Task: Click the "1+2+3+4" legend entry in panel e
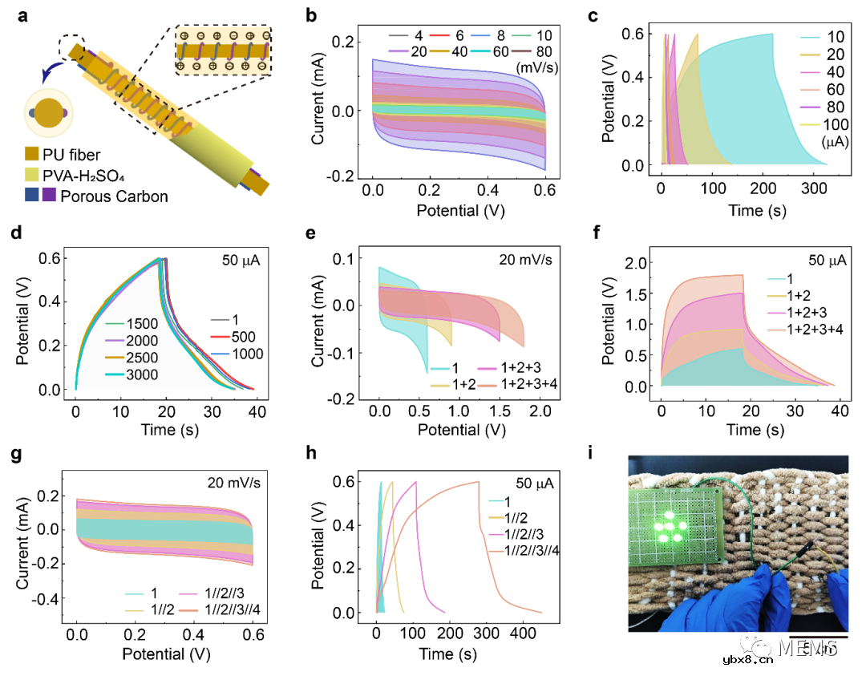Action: point(521,385)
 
